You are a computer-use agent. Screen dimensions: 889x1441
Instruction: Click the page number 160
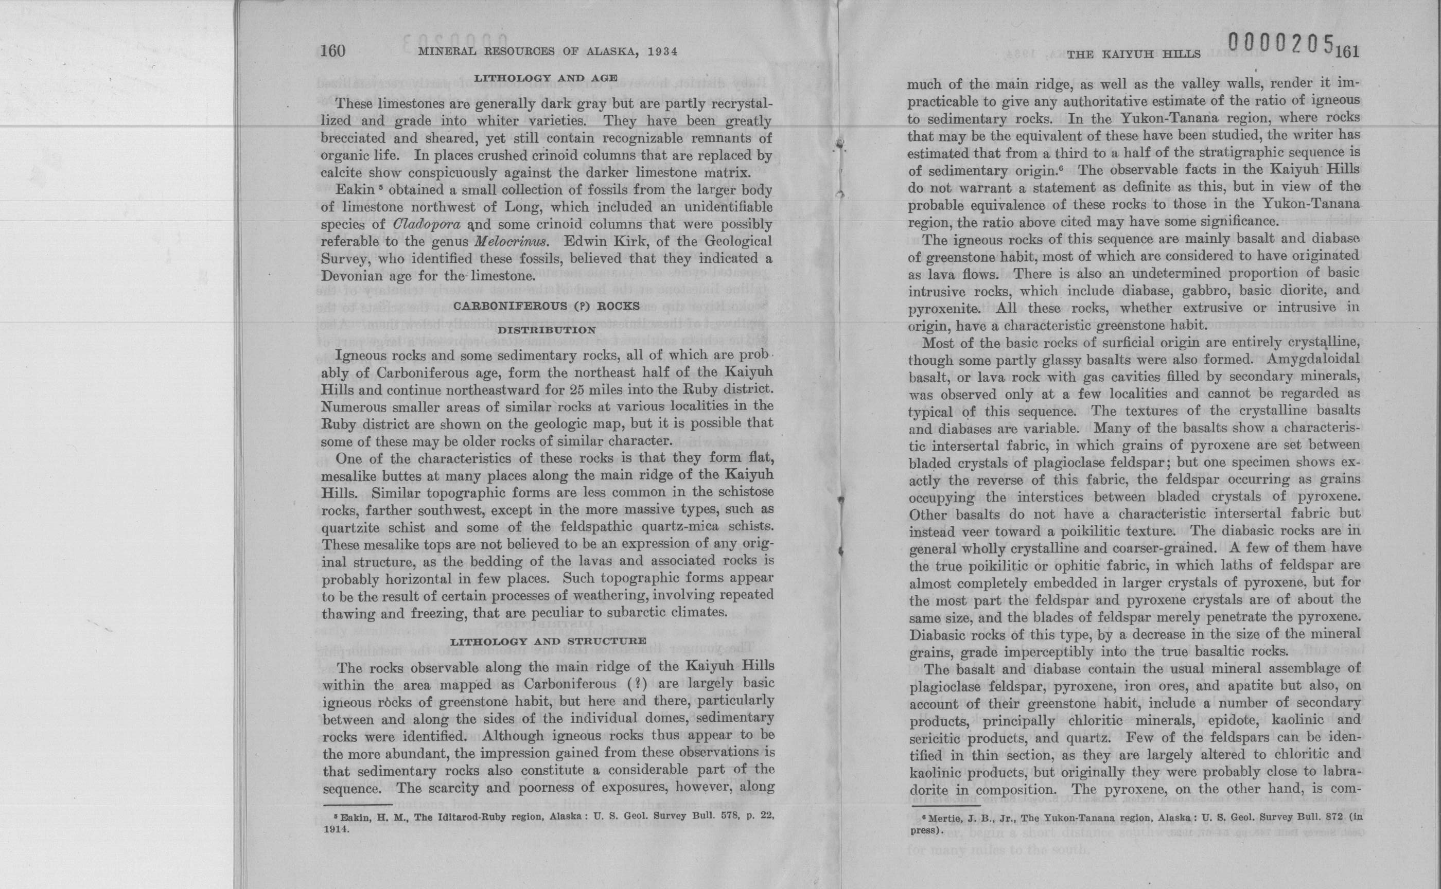333,51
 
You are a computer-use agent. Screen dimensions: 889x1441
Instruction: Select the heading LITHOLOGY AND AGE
546,78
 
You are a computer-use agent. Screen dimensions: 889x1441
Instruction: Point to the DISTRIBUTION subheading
547,330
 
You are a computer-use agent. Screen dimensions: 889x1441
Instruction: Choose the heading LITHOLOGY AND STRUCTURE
548,641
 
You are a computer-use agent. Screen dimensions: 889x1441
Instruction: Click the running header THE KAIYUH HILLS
1133,55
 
